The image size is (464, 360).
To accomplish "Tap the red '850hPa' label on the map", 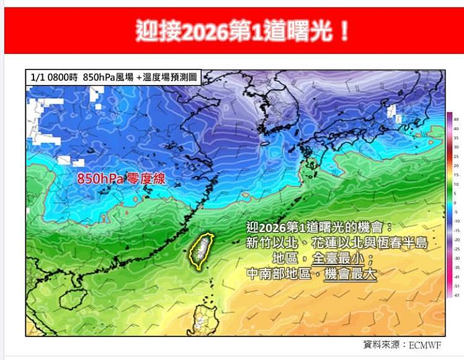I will [x=99, y=178].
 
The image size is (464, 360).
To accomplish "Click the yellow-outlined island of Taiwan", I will [x=200, y=251].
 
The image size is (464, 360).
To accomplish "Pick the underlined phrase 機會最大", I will [x=350, y=272].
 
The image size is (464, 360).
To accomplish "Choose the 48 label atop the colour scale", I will [x=456, y=119].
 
